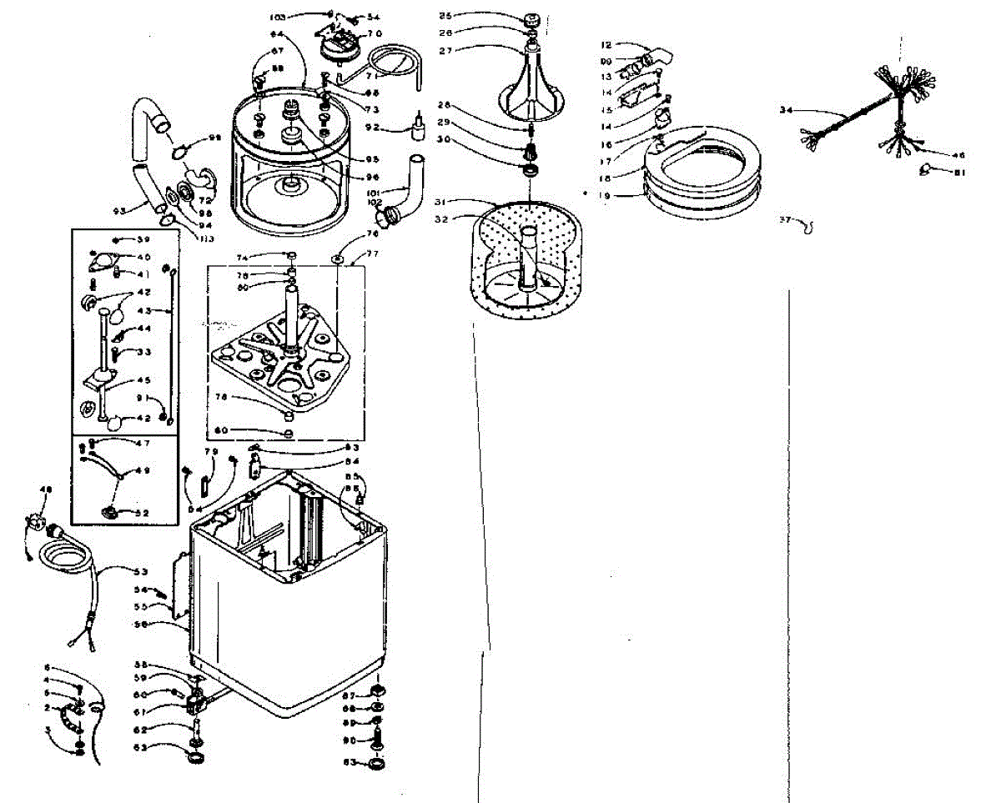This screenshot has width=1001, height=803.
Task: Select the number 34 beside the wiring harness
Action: coord(785,110)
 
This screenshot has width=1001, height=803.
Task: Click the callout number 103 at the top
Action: coord(278,17)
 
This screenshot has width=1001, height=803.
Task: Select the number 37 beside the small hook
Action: coord(784,220)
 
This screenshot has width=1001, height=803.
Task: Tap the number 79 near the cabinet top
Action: coord(211,453)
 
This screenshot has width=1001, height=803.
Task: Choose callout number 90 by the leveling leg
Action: coord(350,740)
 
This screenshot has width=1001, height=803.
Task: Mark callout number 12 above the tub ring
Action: coord(606,45)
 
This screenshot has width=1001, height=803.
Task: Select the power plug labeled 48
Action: coord(37,526)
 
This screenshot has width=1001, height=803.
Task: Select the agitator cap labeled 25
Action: coord(531,18)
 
